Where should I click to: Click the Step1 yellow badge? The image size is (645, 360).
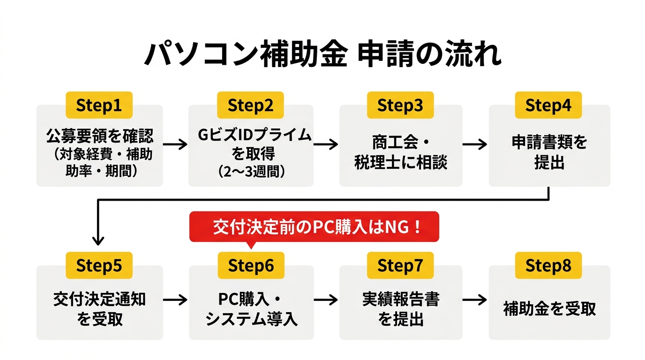click(x=99, y=105)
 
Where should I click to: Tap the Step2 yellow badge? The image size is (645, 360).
click(x=250, y=105)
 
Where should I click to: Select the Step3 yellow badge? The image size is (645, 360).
click(x=400, y=105)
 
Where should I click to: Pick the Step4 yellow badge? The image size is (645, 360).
click(x=548, y=105)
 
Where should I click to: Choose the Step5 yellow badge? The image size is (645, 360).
click(x=99, y=266)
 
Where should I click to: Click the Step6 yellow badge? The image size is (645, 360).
click(x=250, y=266)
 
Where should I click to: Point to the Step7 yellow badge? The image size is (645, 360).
click(x=400, y=266)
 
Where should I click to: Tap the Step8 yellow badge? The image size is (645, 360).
click(x=548, y=266)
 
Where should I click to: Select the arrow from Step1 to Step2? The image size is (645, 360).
click(x=175, y=144)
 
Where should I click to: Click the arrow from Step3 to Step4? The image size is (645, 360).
click(x=474, y=144)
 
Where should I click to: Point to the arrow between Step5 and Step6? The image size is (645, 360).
click(x=175, y=300)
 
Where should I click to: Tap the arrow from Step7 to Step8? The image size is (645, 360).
click(x=474, y=300)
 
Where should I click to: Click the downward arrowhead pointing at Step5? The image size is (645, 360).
click(x=98, y=240)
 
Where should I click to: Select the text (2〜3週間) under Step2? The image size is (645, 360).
click(x=252, y=171)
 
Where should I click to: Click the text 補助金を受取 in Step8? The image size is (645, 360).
click(x=549, y=309)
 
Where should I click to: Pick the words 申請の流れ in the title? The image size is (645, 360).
click(x=429, y=55)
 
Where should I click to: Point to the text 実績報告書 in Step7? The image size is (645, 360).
click(x=400, y=299)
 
